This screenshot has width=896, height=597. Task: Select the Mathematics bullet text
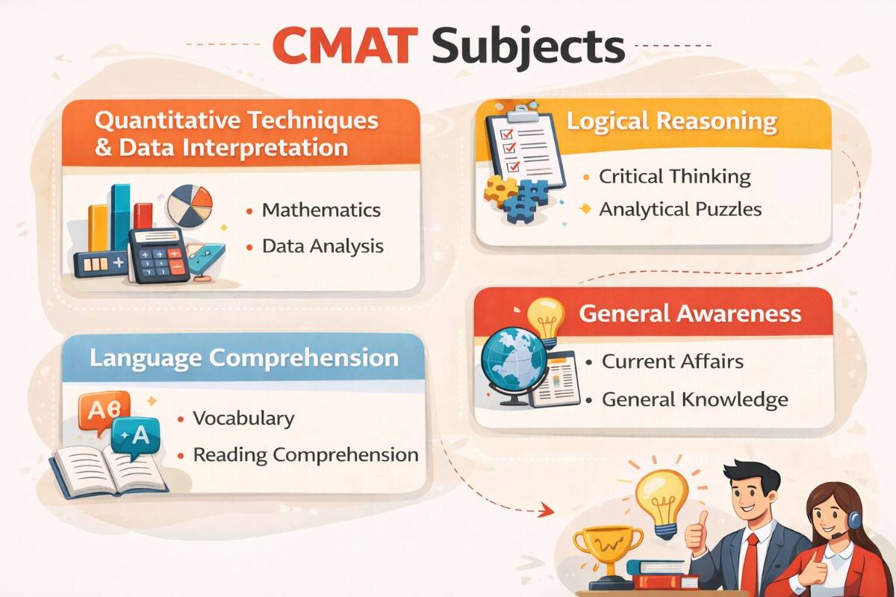coord(321,210)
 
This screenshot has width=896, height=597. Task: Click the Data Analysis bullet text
coord(323,246)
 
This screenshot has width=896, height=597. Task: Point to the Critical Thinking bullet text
coord(674,177)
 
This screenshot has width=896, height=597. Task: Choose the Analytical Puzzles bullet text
coord(680,210)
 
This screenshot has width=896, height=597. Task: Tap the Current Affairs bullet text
coord(673,362)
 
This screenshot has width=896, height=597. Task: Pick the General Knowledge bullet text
coord(694,400)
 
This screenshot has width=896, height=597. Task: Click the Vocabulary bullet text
coord(243,418)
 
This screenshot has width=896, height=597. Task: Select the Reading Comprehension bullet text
coord(305,454)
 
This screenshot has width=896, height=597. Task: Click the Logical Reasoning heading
coord(672,122)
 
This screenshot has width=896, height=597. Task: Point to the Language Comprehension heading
coord(244,357)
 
